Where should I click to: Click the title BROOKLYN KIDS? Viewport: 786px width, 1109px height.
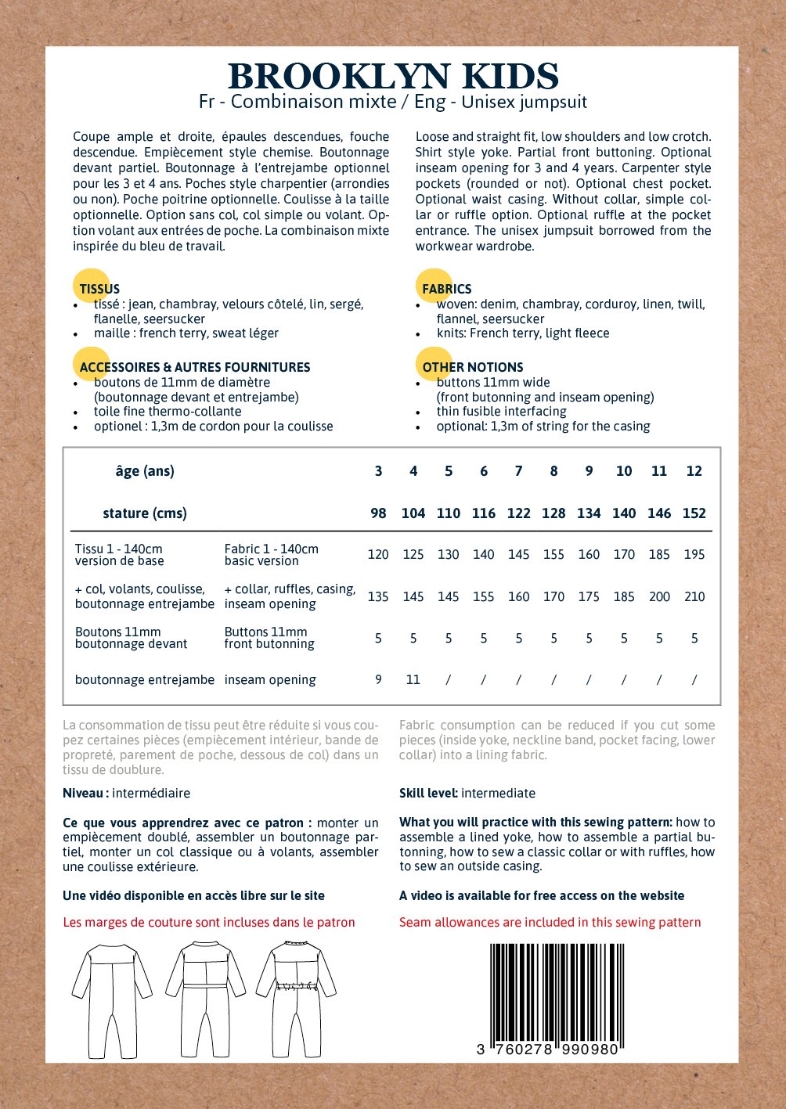(x=393, y=76)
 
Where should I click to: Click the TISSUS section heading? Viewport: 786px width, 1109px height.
(x=99, y=289)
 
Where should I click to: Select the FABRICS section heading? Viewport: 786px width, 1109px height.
(x=446, y=289)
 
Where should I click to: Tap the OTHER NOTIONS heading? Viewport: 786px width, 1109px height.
(x=472, y=367)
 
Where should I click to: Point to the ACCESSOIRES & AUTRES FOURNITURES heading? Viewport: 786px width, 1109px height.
(x=194, y=367)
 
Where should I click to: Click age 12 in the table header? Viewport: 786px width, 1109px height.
(x=694, y=471)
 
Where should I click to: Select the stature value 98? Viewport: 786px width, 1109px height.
(x=378, y=513)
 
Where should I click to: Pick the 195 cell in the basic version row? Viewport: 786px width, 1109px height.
(x=694, y=554)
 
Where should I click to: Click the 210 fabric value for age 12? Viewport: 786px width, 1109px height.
(x=694, y=596)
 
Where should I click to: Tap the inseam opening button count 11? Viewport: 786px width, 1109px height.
(x=413, y=679)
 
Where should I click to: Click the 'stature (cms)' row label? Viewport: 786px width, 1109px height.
(x=145, y=513)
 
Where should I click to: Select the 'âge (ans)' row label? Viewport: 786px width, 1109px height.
(x=145, y=471)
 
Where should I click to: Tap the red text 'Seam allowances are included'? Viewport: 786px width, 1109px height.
(x=550, y=922)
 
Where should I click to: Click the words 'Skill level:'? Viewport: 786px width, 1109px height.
(x=428, y=793)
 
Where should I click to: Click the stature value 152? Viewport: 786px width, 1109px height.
(x=694, y=513)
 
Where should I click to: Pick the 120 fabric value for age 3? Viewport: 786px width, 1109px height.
(x=378, y=554)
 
